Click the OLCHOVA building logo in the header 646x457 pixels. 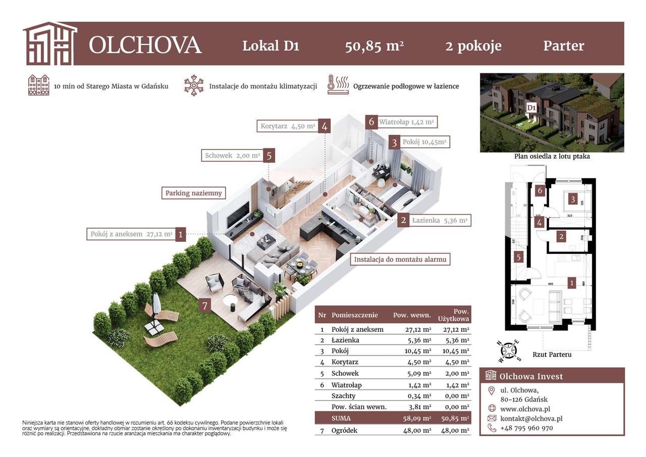pyautogui.click(x=50, y=43)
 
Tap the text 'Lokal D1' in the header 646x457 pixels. pyautogui.click(x=271, y=46)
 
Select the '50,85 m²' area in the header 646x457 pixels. pyautogui.click(x=374, y=46)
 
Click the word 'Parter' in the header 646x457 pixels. pyautogui.click(x=564, y=46)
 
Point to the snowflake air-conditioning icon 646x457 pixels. pyautogui.click(x=193, y=86)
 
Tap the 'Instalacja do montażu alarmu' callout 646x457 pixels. pyautogui.click(x=400, y=260)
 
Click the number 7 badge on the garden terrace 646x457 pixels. pyautogui.click(x=204, y=306)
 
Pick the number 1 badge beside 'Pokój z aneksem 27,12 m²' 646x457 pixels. pyautogui.click(x=181, y=234)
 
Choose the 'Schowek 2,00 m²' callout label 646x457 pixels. pyautogui.click(x=232, y=156)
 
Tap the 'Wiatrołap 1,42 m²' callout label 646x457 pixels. pyautogui.click(x=407, y=122)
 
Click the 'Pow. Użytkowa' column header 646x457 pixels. pyautogui.click(x=454, y=315)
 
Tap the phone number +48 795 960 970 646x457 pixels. pyautogui.click(x=526, y=428)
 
